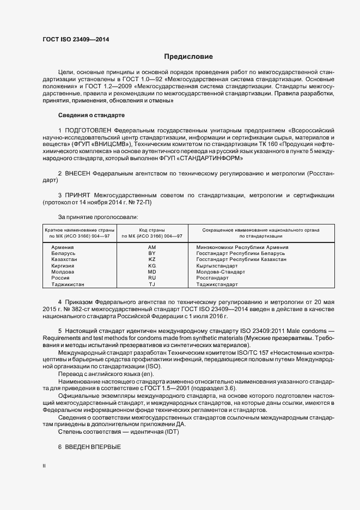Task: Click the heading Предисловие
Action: [x=188, y=57]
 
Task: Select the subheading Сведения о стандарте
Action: [x=91, y=116]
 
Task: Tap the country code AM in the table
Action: [x=152, y=247]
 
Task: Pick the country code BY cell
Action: [x=152, y=253]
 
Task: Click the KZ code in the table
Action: [x=152, y=259]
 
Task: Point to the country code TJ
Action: [x=152, y=284]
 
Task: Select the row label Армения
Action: [x=63, y=247]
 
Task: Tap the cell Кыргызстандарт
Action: [x=217, y=266]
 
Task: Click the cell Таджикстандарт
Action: [x=217, y=284]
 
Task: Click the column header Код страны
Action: [x=151, y=230]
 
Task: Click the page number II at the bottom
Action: [x=44, y=467]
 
